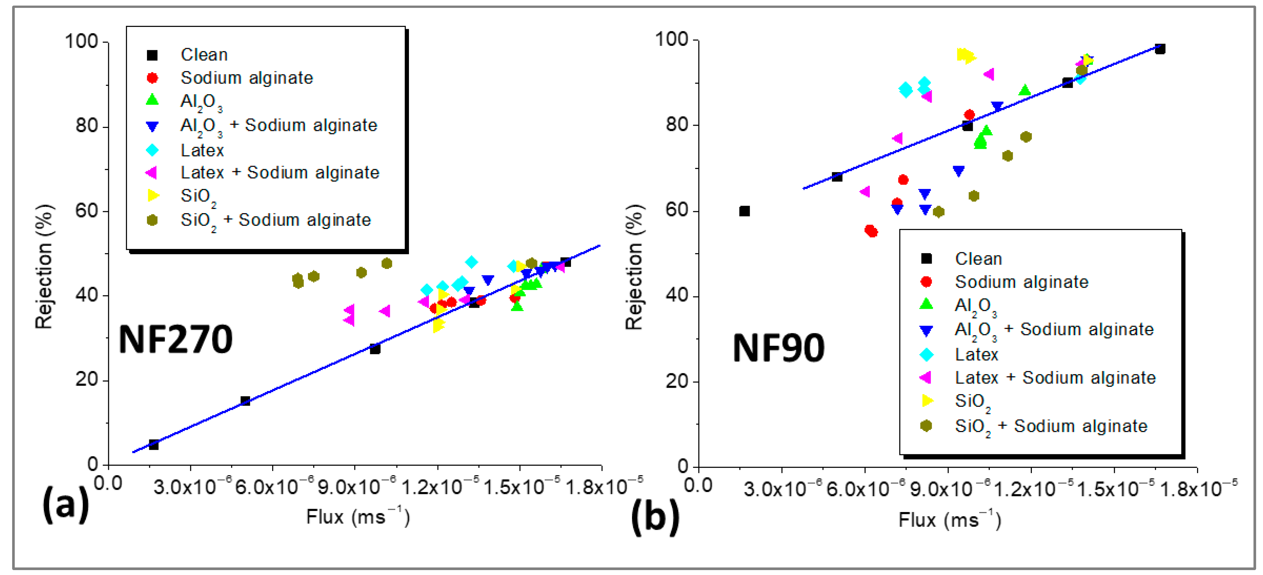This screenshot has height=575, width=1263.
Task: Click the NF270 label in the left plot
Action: tap(175, 340)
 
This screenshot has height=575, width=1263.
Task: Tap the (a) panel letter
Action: tap(66, 505)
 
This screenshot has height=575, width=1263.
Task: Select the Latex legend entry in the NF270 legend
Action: tap(202, 150)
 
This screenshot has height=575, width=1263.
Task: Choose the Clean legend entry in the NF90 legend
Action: tap(978, 258)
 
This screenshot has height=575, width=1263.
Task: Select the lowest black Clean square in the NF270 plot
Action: tap(153, 444)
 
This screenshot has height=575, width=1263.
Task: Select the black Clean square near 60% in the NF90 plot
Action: tap(744, 211)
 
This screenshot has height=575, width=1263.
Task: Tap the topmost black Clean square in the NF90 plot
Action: tap(1160, 49)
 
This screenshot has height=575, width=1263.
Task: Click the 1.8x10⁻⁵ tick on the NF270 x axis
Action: tap(603, 487)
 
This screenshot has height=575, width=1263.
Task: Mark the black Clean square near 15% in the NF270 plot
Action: tap(245, 401)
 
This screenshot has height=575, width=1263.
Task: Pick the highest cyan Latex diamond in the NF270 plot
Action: tap(471, 262)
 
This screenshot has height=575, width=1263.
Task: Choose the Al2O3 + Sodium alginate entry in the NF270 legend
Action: tap(278, 126)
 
